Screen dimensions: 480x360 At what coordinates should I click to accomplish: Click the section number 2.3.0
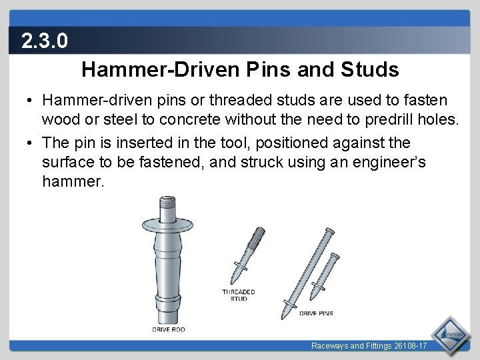pos(45,41)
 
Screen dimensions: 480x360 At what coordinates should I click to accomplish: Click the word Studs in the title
pos(370,69)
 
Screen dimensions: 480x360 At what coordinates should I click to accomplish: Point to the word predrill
pos(389,119)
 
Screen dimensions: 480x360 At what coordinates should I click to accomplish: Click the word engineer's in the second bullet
pos(389,162)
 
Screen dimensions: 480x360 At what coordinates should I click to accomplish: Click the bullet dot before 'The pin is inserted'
pos(29,143)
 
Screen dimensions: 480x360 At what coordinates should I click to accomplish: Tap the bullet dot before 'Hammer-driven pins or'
pos(29,100)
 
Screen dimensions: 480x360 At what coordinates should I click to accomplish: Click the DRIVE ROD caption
pos(169,329)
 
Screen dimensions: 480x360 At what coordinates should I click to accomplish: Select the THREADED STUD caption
pos(239,295)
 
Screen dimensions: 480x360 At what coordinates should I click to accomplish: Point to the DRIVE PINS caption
pos(316,313)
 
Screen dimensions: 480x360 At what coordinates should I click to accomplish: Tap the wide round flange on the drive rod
pos(167,225)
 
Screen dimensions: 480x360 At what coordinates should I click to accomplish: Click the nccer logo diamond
pos(450,335)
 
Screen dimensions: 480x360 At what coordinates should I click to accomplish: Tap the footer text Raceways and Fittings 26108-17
pos(369,346)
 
